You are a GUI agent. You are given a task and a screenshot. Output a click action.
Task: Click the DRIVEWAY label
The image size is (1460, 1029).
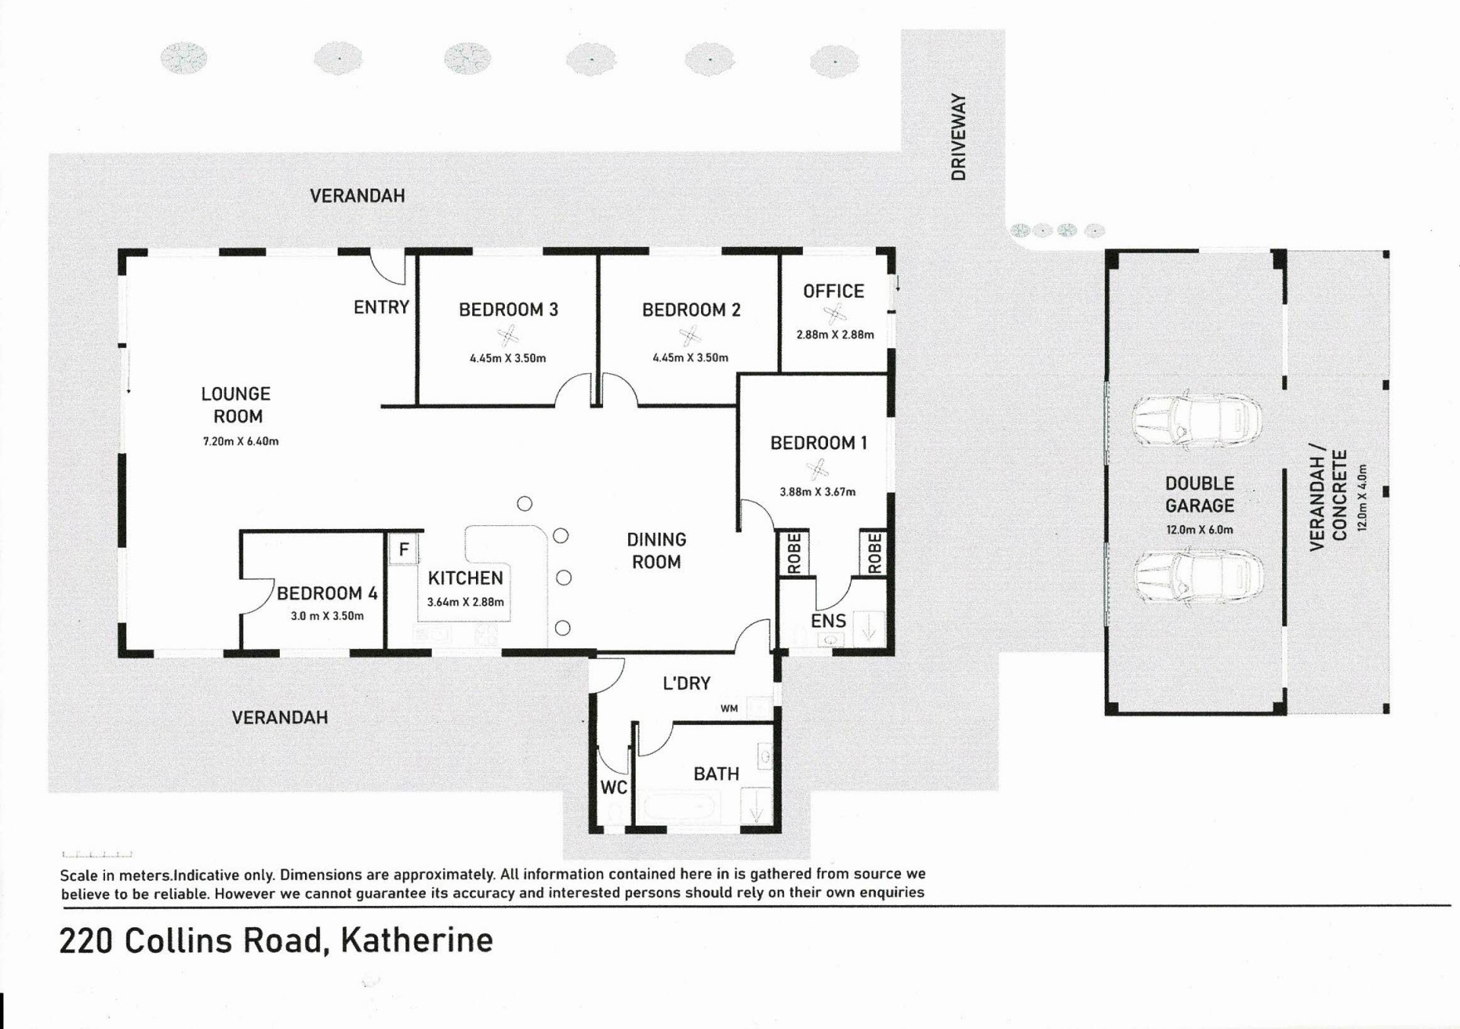pyautogui.click(x=958, y=137)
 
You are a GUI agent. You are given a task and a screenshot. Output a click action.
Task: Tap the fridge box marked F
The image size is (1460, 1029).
pyautogui.click(x=403, y=548)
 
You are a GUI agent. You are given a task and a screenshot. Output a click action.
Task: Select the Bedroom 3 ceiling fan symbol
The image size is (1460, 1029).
pyautogui.click(x=508, y=335)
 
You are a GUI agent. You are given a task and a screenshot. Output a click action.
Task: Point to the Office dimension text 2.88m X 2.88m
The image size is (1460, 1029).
pyautogui.click(x=835, y=334)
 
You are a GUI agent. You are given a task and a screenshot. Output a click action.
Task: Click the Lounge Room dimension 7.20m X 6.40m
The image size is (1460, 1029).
pyautogui.click(x=240, y=441)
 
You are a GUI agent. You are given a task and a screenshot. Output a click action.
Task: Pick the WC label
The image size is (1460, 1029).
pyautogui.click(x=614, y=787)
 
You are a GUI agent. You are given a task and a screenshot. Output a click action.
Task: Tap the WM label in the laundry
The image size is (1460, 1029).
pyautogui.click(x=729, y=708)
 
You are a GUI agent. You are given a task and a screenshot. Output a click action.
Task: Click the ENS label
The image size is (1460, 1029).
pyautogui.click(x=828, y=621)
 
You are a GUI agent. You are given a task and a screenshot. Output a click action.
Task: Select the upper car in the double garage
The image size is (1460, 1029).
pyautogui.click(x=1196, y=420)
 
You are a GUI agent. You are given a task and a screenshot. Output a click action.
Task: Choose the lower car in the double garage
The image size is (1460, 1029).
pyautogui.click(x=1198, y=575)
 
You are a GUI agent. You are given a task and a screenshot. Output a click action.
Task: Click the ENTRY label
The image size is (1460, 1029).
pyautogui.click(x=381, y=307)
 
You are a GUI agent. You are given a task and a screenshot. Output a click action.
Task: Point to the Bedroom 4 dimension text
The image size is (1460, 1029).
pyautogui.click(x=327, y=616)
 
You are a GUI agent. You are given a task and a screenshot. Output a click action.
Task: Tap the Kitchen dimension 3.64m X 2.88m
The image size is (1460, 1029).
pyautogui.click(x=465, y=602)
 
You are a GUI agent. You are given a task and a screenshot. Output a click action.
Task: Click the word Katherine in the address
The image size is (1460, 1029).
pyautogui.click(x=417, y=940)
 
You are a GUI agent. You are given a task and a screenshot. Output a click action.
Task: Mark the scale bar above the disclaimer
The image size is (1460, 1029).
pyautogui.click(x=97, y=854)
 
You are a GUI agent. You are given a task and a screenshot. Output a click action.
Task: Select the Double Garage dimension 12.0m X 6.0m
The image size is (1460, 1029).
pyautogui.click(x=1199, y=530)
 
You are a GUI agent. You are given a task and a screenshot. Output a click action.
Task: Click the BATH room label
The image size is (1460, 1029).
pyautogui.click(x=716, y=774)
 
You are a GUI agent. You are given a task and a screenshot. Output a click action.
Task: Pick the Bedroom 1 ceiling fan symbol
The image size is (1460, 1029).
pyautogui.click(x=817, y=470)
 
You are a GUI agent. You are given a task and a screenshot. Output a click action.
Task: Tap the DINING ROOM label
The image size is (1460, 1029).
pyautogui.click(x=656, y=551)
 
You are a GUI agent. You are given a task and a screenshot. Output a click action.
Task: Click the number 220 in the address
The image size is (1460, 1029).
pyautogui.click(x=87, y=941)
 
